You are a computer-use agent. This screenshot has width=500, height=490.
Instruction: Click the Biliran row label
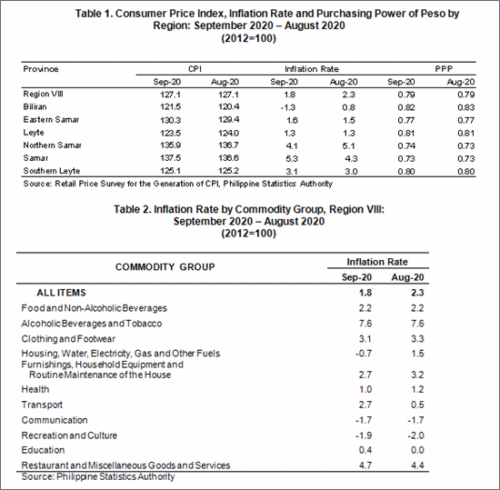pyautogui.click(x=35, y=106)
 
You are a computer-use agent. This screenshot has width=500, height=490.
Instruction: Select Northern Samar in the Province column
pyautogui.click(x=53, y=145)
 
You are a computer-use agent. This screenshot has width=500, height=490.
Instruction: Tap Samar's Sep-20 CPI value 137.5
pyautogui.click(x=170, y=158)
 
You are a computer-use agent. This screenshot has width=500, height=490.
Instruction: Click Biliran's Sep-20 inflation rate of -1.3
pyautogui.click(x=288, y=108)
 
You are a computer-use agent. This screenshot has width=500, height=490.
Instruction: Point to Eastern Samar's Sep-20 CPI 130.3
pyautogui.click(x=170, y=120)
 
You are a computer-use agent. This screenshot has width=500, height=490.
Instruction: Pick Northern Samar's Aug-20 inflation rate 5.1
pyautogui.click(x=348, y=146)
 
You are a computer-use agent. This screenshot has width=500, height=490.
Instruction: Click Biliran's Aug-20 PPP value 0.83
pyautogui.click(x=465, y=107)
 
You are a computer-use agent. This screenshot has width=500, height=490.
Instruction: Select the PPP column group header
pyautogui.click(x=444, y=69)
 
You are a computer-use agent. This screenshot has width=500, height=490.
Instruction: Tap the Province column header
pyautogui.click(x=41, y=69)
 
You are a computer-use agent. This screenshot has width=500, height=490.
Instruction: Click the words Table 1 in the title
pyautogui.click(x=94, y=14)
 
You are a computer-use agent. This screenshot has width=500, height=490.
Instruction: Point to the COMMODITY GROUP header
pyautogui.click(x=165, y=267)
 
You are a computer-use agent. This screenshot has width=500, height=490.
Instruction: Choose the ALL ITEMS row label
pyautogui.click(x=61, y=293)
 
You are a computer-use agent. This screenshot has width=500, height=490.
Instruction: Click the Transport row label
pyautogui.click(x=42, y=405)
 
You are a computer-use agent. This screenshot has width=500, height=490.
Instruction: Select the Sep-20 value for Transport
pyautogui.click(x=365, y=405)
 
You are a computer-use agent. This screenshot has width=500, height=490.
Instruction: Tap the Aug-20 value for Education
pyautogui.click(x=417, y=450)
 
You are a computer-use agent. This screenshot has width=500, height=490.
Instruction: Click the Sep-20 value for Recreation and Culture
pyautogui.click(x=364, y=435)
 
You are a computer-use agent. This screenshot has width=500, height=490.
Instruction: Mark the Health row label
pyautogui.click(x=35, y=389)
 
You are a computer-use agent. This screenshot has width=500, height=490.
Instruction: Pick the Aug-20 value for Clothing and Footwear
pyautogui.click(x=417, y=338)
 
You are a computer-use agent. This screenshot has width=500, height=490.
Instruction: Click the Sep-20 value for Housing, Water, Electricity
pyautogui.click(x=364, y=354)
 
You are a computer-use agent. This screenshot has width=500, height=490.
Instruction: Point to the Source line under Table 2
pyautogui.click(x=98, y=477)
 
